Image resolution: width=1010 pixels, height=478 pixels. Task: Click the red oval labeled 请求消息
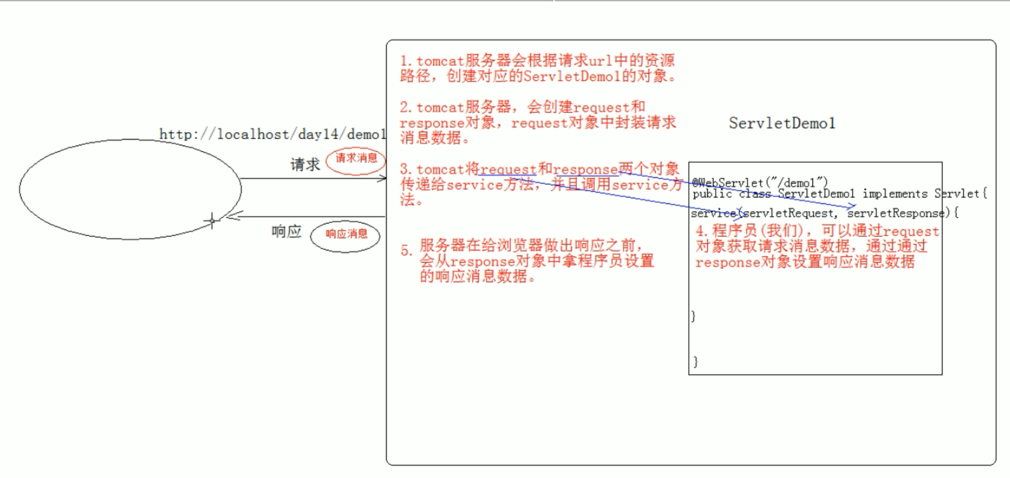[x=356, y=159]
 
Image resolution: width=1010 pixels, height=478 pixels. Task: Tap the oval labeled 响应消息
[x=346, y=235]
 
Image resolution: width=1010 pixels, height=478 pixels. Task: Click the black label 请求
[x=305, y=165]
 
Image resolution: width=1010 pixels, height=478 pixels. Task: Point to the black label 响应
[x=286, y=232]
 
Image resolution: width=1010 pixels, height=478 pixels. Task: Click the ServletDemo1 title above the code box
[x=782, y=123]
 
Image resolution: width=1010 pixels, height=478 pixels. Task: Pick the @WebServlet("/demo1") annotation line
[x=760, y=183]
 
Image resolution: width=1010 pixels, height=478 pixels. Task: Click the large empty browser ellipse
[x=130, y=189]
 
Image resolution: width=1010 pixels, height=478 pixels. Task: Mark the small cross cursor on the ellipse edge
[x=212, y=221]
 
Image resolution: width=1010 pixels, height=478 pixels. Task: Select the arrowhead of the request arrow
[x=383, y=178]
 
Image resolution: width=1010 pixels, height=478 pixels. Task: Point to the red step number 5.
[x=406, y=251]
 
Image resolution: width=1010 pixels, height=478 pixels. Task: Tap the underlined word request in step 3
[x=508, y=170]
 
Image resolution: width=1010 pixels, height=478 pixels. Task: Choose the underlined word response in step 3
[x=586, y=170]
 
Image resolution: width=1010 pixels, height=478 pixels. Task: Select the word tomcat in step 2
[x=440, y=108]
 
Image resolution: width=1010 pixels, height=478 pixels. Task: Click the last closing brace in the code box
[x=696, y=362]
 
